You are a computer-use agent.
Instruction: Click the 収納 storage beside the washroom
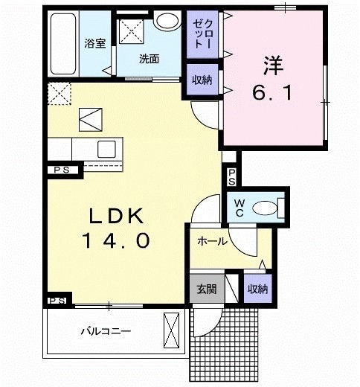201,80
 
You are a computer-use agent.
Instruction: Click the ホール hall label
212,242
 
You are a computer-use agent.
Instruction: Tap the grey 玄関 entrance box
206,289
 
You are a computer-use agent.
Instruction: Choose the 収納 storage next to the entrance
257,289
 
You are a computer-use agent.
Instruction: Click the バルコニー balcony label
106,331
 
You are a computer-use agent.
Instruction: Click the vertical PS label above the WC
231,177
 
